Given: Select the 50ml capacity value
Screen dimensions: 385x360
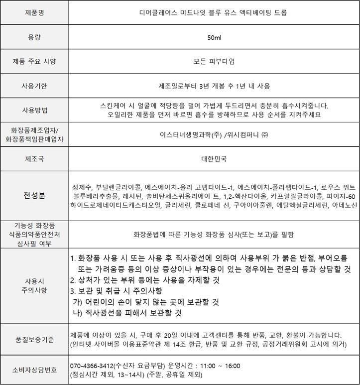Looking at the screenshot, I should [x=214, y=37].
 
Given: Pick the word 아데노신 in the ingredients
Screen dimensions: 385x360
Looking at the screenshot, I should [x=343, y=205].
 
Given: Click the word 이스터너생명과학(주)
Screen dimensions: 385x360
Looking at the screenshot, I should [x=191, y=134].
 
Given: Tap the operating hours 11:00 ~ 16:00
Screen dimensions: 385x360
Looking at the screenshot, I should [x=219, y=365].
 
